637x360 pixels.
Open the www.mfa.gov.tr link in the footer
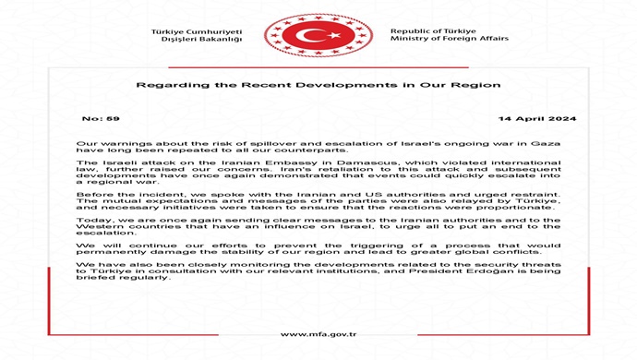tap(318, 333)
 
